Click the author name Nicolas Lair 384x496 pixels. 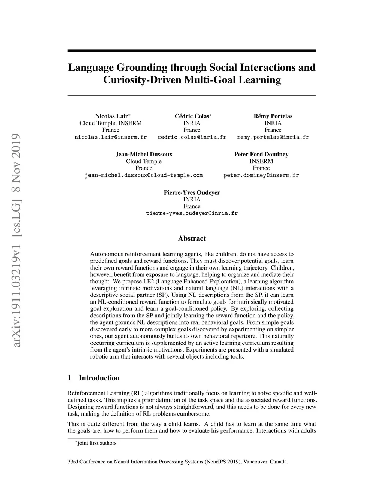pos(111,116)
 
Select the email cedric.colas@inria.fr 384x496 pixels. pos(192,137)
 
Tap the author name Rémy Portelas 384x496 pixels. pos(273,116)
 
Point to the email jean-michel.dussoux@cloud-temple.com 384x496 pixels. pos(144,175)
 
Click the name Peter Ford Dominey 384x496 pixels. pos(261,154)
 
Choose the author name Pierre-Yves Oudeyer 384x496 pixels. pos(192,192)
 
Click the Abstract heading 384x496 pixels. pos(192,238)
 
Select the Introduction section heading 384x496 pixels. pos(99,378)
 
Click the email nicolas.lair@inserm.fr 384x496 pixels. pos(111,137)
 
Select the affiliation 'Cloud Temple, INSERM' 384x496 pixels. pos(111,123)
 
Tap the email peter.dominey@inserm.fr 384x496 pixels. pos(261,175)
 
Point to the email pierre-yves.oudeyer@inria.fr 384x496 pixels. pos(192,213)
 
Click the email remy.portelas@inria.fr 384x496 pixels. pos(273,137)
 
